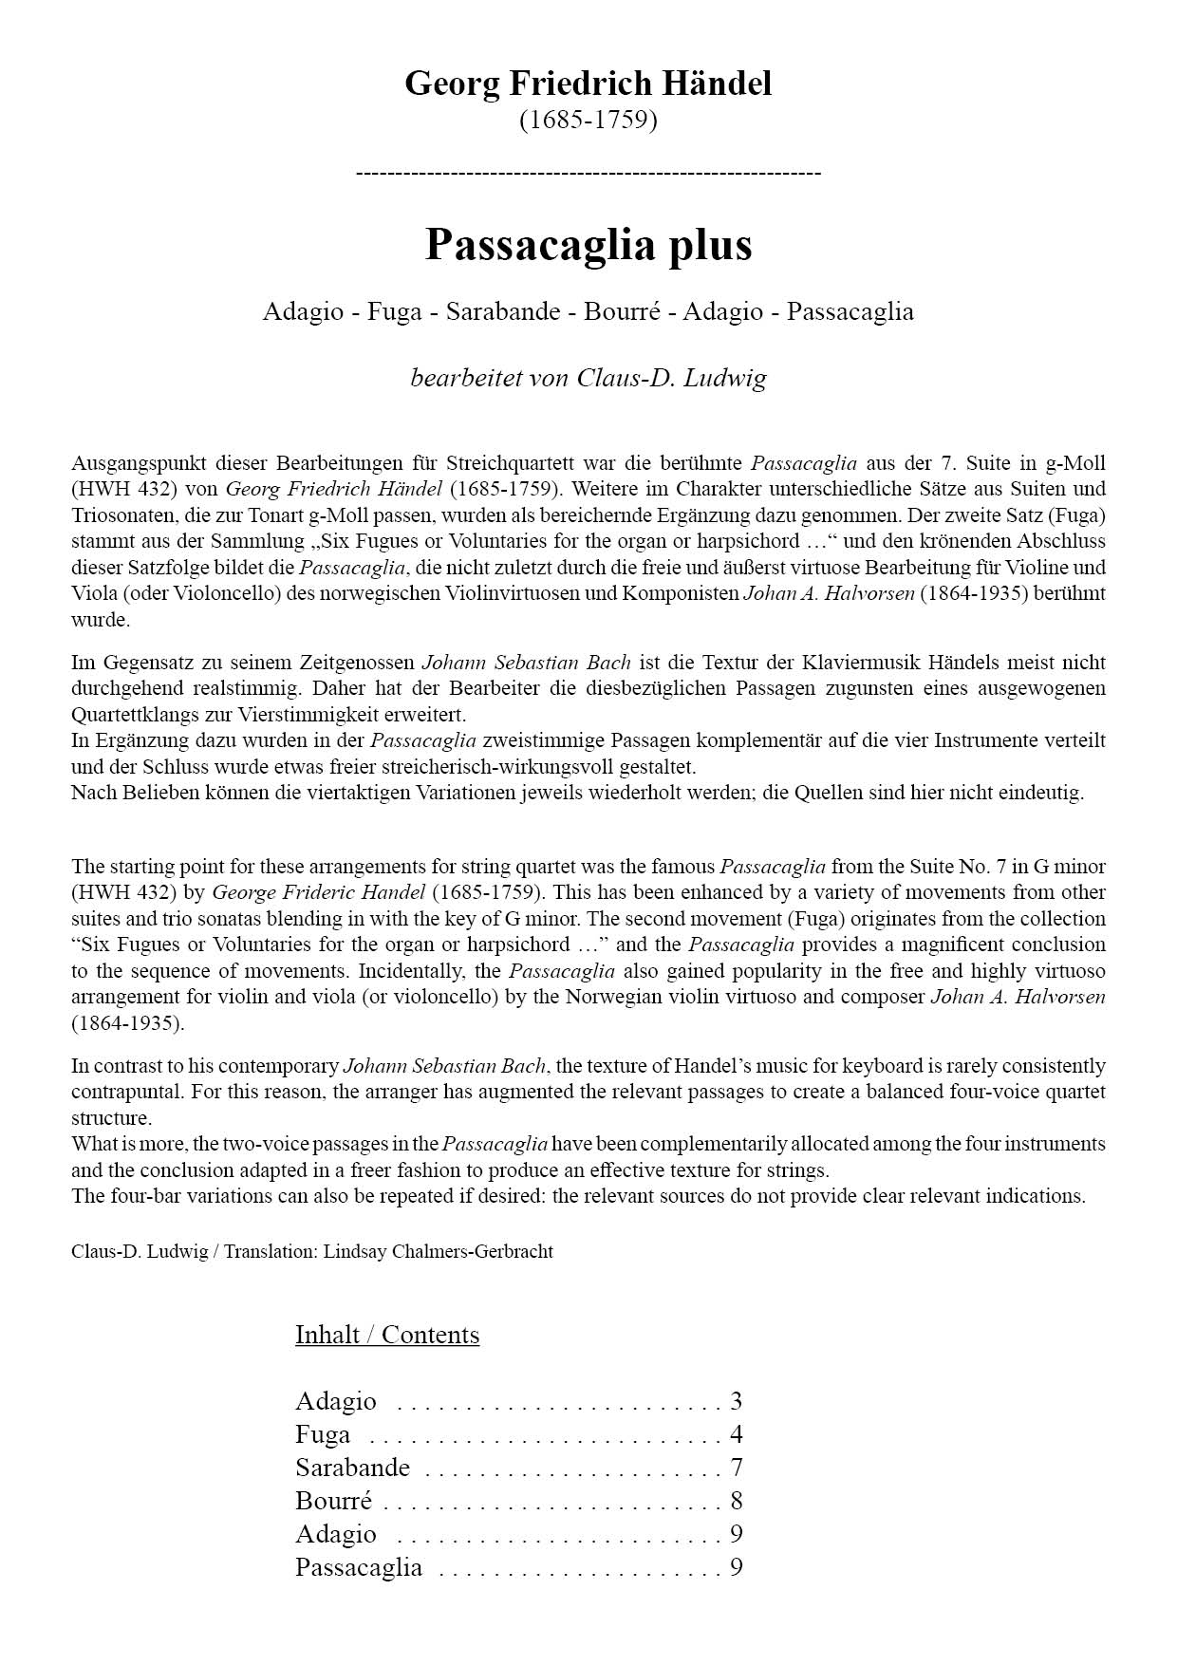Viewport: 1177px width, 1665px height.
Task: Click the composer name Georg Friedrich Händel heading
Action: coord(588,84)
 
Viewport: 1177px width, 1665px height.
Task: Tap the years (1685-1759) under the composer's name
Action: coord(588,121)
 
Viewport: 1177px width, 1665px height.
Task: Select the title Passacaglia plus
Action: coord(588,244)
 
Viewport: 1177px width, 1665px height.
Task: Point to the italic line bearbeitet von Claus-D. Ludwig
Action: coord(588,378)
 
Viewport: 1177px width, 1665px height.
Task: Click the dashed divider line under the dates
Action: coord(588,173)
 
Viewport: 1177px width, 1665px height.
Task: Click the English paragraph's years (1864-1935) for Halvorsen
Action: coord(128,1023)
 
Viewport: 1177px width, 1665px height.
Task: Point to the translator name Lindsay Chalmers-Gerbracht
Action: coord(438,1251)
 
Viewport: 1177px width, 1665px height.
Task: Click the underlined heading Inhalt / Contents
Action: coord(387,1335)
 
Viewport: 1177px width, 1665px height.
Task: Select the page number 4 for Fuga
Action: coord(737,1434)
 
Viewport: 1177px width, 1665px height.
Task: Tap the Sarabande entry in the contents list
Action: coord(352,1468)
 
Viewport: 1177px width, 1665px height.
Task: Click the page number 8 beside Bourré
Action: coord(737,1501)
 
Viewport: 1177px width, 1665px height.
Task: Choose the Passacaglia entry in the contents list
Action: coord(358,1567)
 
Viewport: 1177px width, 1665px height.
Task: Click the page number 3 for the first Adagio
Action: coord(737,1401)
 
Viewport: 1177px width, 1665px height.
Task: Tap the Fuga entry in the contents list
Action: coord(323,1434)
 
